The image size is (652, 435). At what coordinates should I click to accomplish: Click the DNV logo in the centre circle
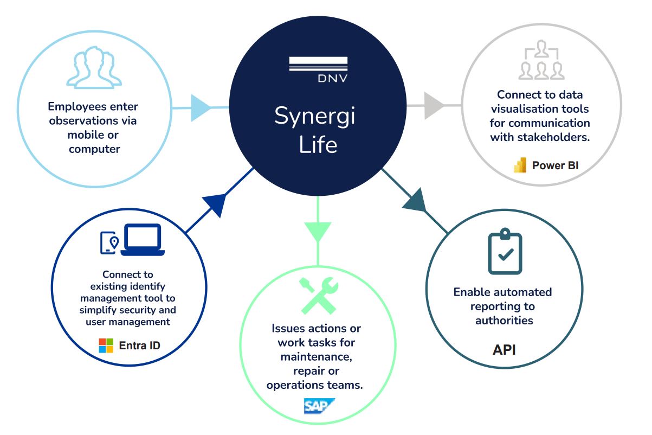[318, 70]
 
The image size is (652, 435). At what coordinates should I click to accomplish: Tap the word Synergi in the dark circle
[314, 116]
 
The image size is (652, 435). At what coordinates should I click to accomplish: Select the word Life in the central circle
[318, 145]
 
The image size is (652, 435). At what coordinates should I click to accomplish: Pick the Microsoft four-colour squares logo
[106, 346]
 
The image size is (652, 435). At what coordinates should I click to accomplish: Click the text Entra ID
[139, 346]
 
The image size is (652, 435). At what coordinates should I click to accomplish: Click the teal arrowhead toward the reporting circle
[416, 200]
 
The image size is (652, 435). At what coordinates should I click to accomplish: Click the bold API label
[503, 349]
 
